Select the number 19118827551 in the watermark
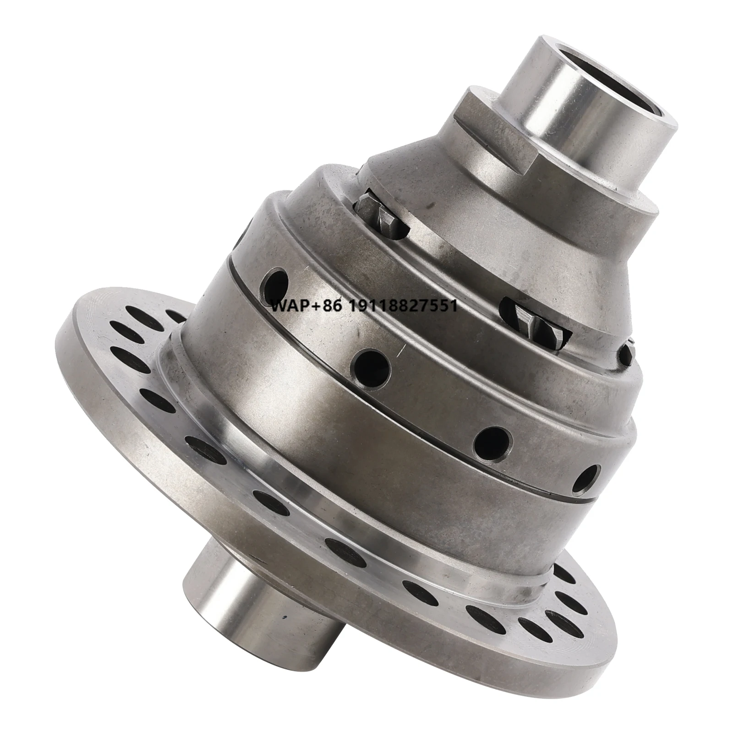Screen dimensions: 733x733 click(x=404, y=306)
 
